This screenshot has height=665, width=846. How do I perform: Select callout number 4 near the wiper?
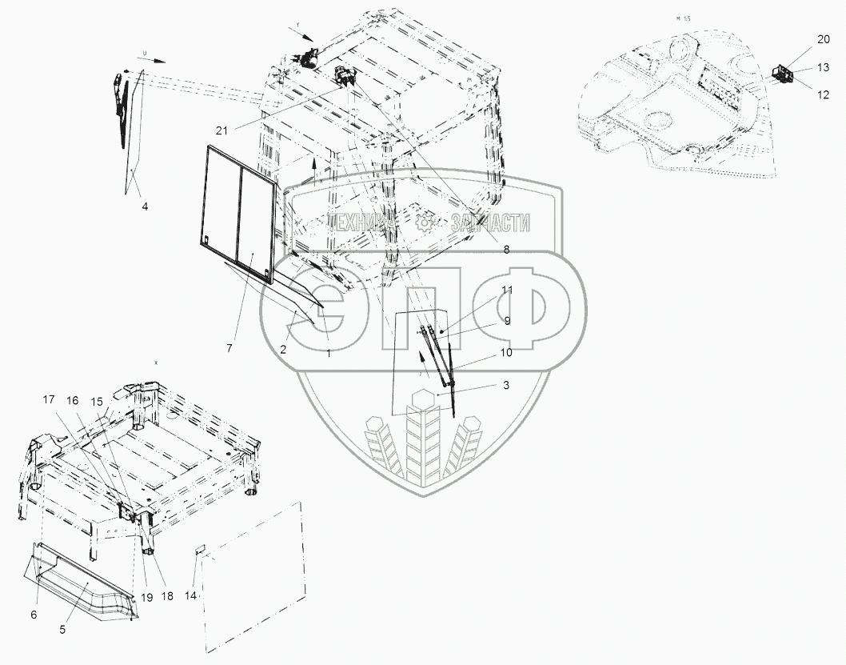[145, 206]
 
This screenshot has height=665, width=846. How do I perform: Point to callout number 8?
[506, 249]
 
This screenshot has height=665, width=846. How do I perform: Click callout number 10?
[505, 353]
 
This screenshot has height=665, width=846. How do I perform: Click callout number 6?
[35, 614]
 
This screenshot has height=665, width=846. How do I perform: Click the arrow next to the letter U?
[158, 59]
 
